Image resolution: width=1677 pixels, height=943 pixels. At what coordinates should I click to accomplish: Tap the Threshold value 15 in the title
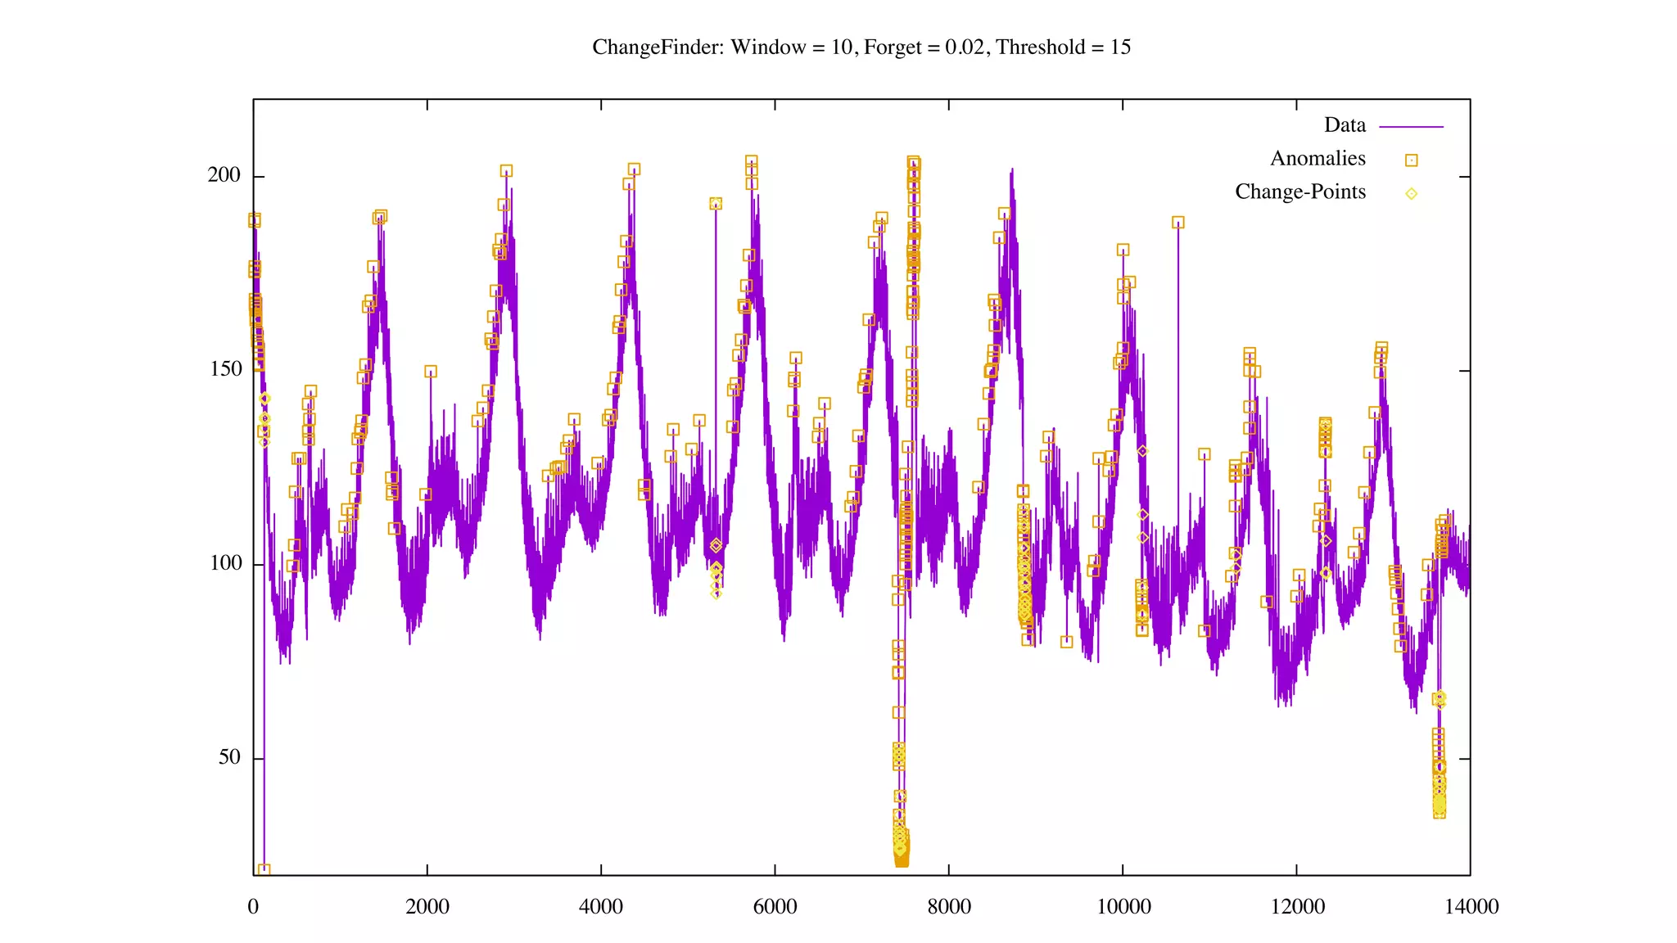[1120, 47]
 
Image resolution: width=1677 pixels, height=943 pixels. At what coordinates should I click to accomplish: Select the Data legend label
[1345, 125]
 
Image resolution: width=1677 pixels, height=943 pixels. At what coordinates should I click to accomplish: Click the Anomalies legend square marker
[1411, 160]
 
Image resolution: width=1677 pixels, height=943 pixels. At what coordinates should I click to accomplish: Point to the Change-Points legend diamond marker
[1411, 194]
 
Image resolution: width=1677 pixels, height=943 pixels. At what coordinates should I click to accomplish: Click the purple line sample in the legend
[1411, 127]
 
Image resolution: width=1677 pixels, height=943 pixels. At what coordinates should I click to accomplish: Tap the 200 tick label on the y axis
[224, 175]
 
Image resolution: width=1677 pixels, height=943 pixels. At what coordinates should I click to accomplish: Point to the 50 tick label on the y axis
[230, 757]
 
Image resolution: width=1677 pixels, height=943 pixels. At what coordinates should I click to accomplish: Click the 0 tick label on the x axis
[253, 907]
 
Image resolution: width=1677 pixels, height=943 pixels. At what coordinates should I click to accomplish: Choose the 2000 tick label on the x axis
[427, 907]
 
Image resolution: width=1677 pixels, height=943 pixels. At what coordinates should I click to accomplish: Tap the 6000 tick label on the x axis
[775, 907]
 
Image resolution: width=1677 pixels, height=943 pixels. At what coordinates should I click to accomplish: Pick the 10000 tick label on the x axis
[1123, 907]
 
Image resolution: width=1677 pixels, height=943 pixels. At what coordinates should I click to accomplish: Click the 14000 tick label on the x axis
[1471, 907]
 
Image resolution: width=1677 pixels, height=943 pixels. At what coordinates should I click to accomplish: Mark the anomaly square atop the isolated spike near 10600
[1178, 223]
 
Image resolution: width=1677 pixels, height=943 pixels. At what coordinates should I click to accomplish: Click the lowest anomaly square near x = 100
[264, 870]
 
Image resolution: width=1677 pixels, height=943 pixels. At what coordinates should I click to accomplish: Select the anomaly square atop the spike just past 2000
[431, 372]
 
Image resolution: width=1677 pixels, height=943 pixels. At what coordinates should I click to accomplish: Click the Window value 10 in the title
[842, 47]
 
